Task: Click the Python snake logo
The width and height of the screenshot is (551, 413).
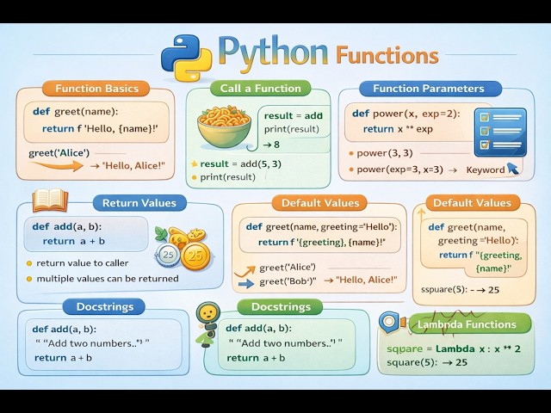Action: tap(186, 56)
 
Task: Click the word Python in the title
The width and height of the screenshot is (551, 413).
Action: tap(273, 52)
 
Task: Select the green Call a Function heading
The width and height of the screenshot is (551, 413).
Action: tap(261, 88)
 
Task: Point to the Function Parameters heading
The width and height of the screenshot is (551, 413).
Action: tap(428, 88)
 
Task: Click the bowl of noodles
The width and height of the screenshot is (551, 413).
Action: tap(223, 126)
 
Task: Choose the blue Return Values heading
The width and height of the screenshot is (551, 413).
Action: tap(139, 203)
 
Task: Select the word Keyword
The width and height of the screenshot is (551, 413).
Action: tap(485, 170)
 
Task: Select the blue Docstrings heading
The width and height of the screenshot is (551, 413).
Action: tap(110, 306)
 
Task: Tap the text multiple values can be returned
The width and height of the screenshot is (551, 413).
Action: tap(108, 279)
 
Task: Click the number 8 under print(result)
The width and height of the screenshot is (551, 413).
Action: tap(275, 145)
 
